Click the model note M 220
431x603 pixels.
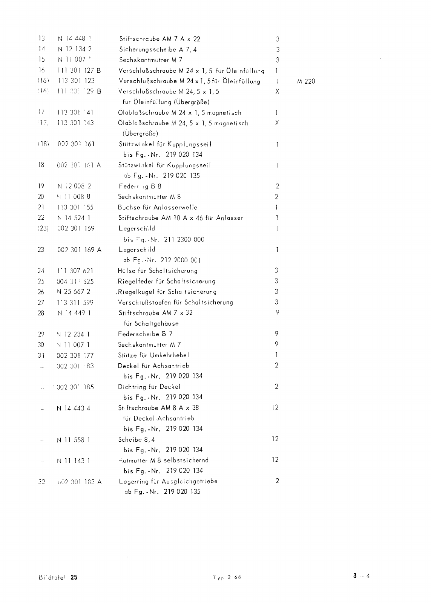click(306, 81)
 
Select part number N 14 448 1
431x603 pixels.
click(75, 38)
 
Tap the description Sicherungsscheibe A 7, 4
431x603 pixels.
click(158, 49)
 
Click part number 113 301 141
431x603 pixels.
click(75, 112)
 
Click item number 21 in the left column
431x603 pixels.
click(41, 207)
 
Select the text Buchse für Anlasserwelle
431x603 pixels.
click(158, 207)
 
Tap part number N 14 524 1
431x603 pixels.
click(74, 218)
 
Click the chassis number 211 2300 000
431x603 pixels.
click(185, 239)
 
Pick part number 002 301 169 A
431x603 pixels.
click(79, 249)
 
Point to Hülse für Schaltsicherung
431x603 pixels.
click(158, 271)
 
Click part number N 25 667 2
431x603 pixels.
click(74, 292)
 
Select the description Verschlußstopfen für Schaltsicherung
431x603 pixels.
click(175, 302)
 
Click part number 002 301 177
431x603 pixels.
click(75, 355)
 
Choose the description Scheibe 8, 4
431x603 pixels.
click(137, 439)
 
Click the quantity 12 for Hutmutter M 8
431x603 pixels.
click(275, 460)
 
